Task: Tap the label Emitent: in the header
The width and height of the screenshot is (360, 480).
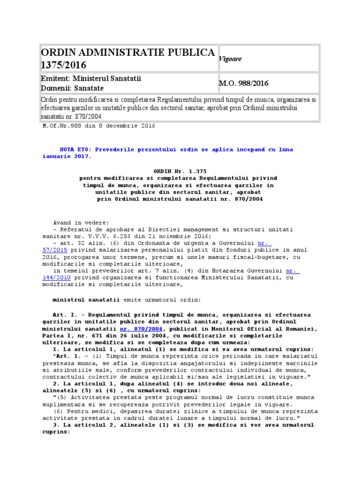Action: point(56,79)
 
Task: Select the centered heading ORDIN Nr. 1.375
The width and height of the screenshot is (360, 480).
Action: point(180,171)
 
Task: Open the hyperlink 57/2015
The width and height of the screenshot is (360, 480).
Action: point(55,250)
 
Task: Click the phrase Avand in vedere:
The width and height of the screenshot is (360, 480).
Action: point(81,222)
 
